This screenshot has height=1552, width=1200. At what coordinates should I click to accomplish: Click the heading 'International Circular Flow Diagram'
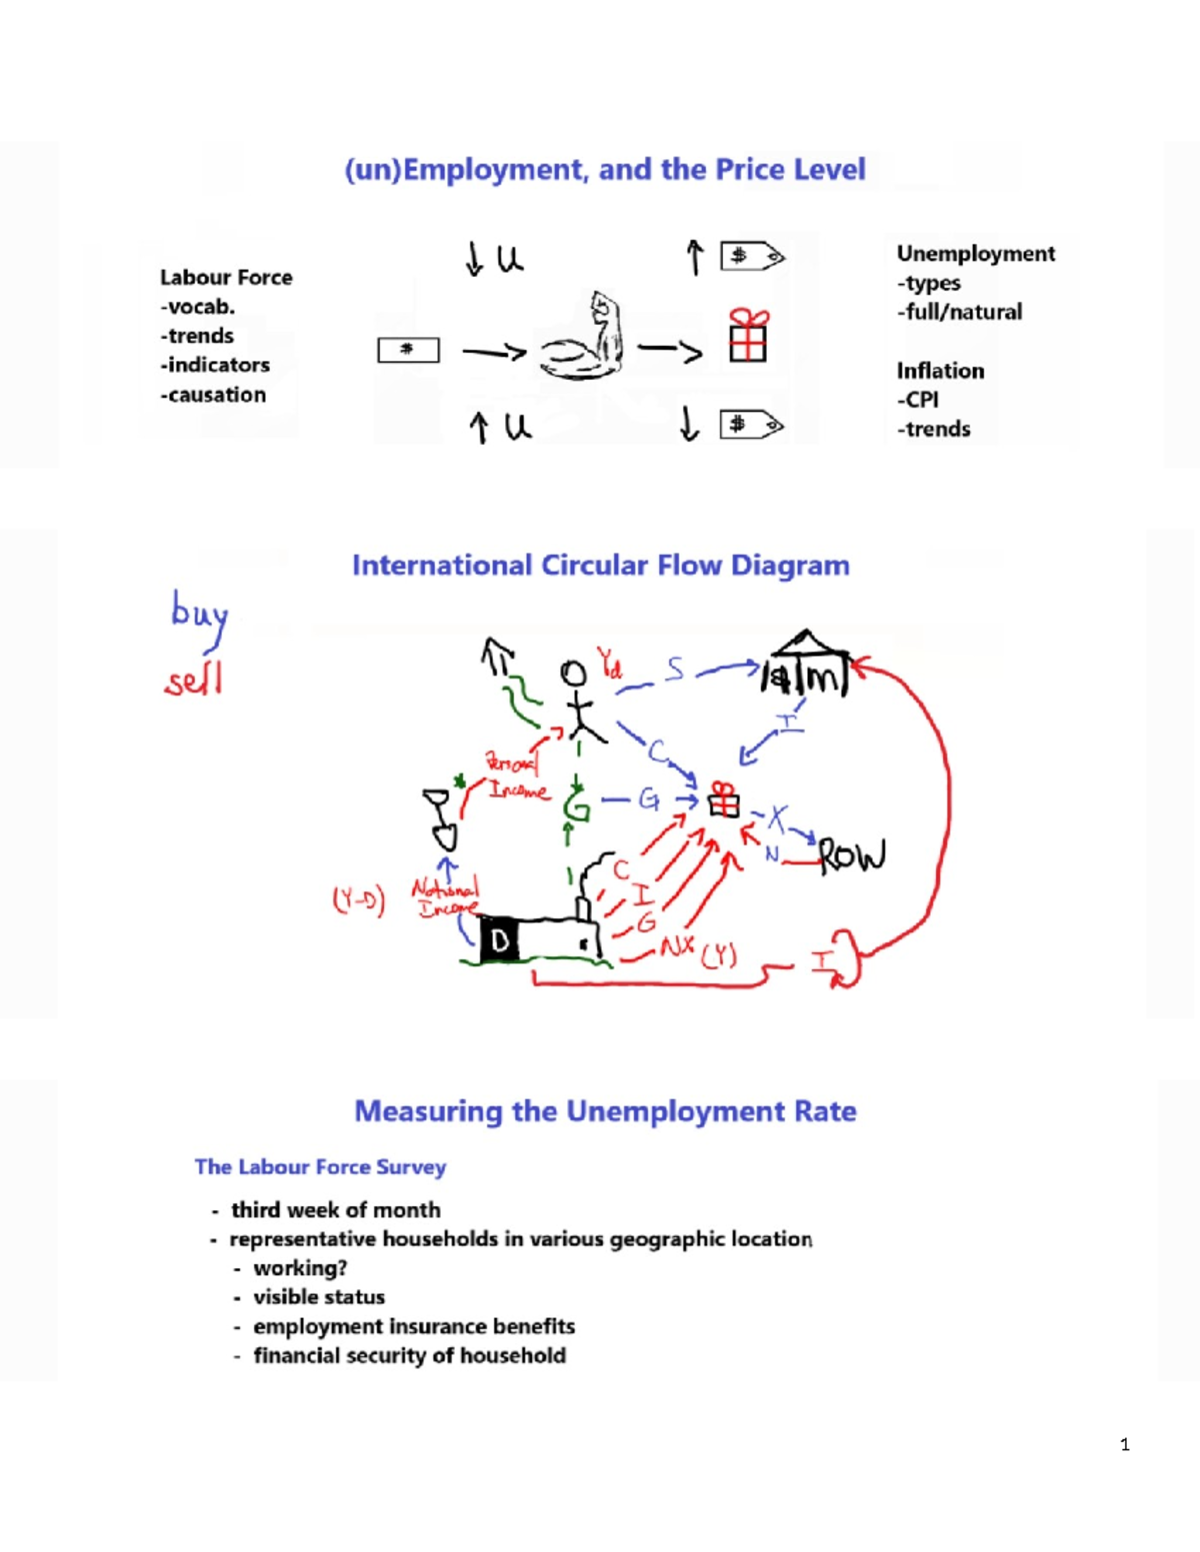pos(600,566)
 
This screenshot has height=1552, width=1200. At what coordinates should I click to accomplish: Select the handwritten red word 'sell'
pos(194,681)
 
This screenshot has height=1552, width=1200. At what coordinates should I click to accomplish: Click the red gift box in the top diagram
pos(748,335)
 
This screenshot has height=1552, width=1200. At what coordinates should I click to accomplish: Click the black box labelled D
pos(500,939)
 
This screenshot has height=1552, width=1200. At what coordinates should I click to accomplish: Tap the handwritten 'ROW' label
pos(852,856)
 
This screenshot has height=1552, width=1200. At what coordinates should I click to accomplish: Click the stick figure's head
pos(573,673)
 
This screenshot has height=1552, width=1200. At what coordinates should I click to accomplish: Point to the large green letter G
pos(576,803)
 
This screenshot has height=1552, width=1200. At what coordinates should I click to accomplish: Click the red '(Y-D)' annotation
pos(358,899)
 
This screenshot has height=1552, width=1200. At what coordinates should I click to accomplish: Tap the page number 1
pos(1125,1444)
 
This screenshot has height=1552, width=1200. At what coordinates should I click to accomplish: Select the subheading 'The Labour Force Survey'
pos(320,1167)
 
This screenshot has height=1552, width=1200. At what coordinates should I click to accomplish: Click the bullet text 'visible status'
pos(319,1297)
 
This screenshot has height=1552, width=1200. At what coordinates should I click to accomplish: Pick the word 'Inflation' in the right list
pos(940,371)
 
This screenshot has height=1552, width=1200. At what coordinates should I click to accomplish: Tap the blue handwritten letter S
pos(676,669)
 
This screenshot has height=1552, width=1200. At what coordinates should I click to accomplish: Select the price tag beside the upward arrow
pos(752,257)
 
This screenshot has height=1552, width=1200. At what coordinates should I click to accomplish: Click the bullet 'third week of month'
pos(335,1210)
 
